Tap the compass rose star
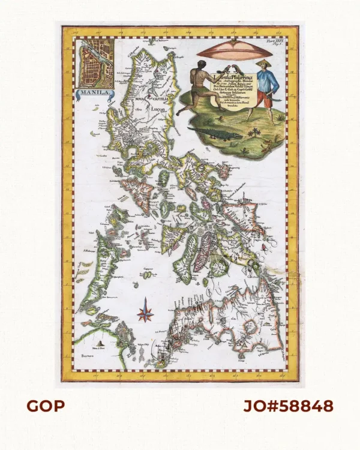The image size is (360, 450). click(146, 313)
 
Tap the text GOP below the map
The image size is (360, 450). click(45, 406)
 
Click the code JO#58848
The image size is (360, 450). click(289, 406)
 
